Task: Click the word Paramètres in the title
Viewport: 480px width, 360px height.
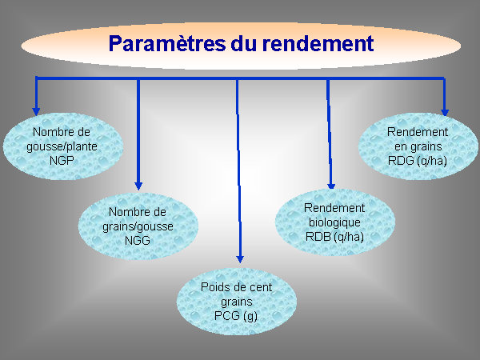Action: point(167,43)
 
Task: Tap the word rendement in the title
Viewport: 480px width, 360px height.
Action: point(318,43)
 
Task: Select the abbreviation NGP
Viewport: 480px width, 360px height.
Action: point(62,161)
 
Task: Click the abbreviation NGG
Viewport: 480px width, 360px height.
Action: point(138,240)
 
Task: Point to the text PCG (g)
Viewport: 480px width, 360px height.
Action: point(236,316)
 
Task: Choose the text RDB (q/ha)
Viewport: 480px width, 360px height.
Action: point(334,237)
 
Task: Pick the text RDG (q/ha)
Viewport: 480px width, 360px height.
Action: point(418,161)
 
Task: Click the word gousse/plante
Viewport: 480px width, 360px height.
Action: point(62,146)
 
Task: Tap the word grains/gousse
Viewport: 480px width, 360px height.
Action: point(138,226)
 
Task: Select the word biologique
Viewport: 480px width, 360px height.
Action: point(334,222)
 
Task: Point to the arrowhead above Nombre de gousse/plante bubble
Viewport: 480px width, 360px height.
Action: point(36,111)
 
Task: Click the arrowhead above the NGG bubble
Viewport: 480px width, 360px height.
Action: point(138,186)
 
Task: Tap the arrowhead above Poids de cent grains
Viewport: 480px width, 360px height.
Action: point(240,259)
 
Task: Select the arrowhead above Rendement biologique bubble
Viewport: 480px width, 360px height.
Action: point(331,186)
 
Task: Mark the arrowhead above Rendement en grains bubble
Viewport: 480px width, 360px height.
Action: point(445,113)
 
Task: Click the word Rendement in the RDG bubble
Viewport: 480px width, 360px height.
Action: point(418,132)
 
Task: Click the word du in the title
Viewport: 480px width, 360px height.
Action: point(243,43)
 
